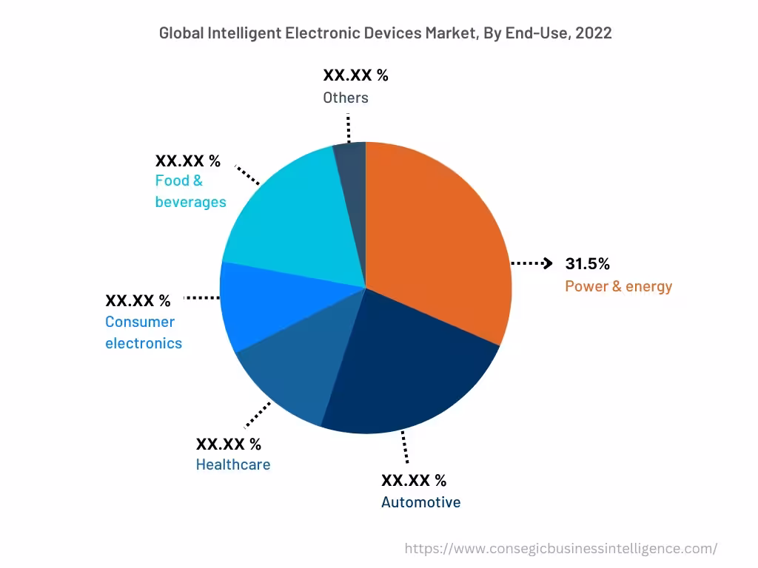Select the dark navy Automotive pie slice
click(x=407, y=370)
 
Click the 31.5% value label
click(x=587, y=264)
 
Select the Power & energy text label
click(x=618, y=286)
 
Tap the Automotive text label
click(x=420, y=502)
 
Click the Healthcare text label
click(x=233, y=464)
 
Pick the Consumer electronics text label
click(x=143, y=332)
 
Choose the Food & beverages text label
click(x=190, y=191)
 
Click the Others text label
click(x=345, y=98)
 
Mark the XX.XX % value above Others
click(x=355, y=75)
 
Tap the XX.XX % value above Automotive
click(x=414, y=480)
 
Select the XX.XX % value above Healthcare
click(x=228, y=444)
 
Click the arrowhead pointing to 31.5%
click(x=548, y=263)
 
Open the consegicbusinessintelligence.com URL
click(x=561, y=548)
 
